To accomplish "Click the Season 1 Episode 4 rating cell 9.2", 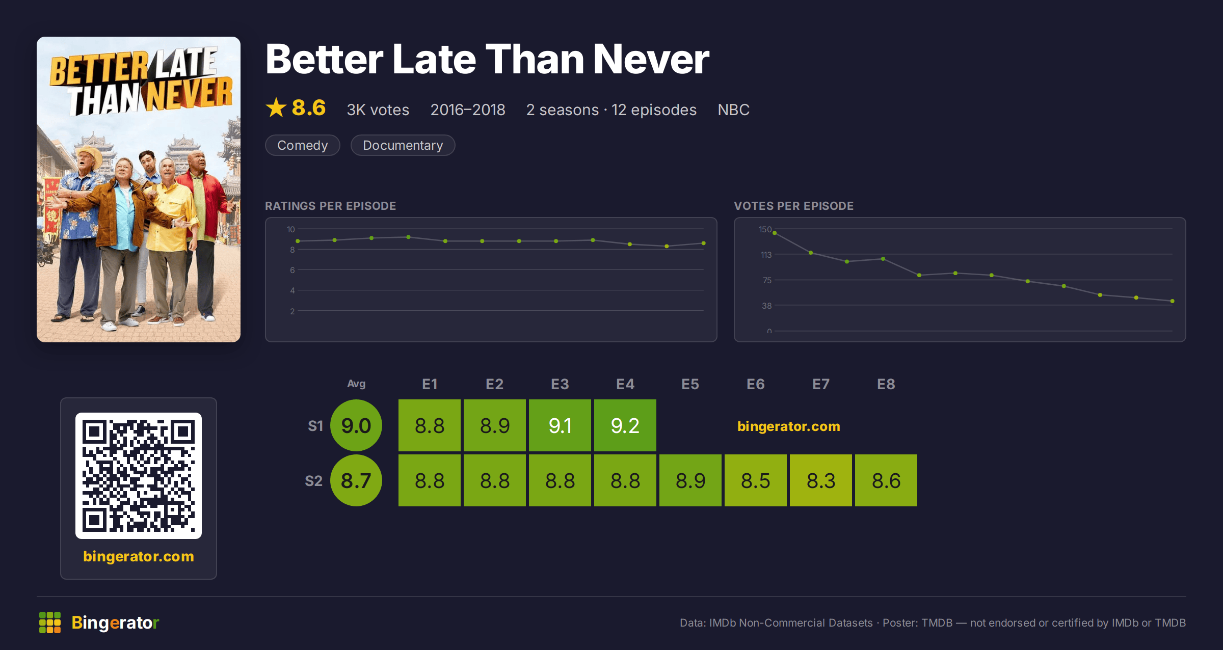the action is (x=625, y=425).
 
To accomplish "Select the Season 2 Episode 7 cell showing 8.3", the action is (x=821, y=480).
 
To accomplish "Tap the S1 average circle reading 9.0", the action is (x=356, y=425).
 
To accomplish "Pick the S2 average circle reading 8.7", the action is (x=356, y=480).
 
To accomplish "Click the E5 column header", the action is (x=690, y=384).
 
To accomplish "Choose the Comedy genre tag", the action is (x=303, y=145).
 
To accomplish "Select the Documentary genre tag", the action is (x=403, y=145).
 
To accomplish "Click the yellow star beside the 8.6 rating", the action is (x=276, y=107).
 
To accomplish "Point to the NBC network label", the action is (x=734, y=110).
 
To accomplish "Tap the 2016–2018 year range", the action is (x=468, y=110).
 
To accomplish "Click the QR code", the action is (x=139, y=476).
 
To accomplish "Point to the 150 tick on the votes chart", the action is (x=765, y=229).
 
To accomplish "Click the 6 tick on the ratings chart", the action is (x=293, y=270).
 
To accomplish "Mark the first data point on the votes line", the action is (x=775, y=233).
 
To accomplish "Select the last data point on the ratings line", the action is (x=704, y=243).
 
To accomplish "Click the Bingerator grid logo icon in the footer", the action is (x=50, y=622).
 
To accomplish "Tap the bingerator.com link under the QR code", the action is (x=139, y=556).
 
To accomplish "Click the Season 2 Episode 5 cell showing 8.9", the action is (x=690, y=480).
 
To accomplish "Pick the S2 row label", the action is (x=314, y=481).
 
